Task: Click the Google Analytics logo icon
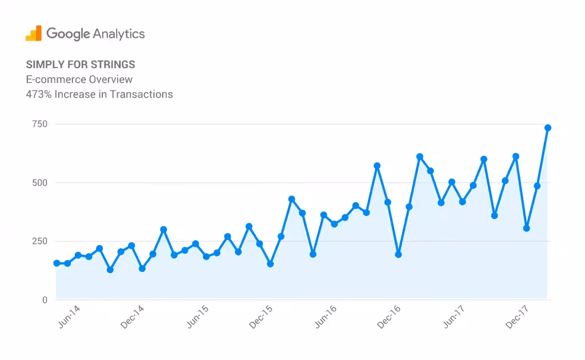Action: (34, 33)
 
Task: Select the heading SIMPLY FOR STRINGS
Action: (81, 64)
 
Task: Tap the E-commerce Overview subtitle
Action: (79, 79)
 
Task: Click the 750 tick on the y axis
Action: (39, 124)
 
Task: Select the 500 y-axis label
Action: (39, 183)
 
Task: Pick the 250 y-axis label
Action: (39, 241)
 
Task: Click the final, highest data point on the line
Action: (547, 128)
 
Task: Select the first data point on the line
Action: (57, 263)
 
